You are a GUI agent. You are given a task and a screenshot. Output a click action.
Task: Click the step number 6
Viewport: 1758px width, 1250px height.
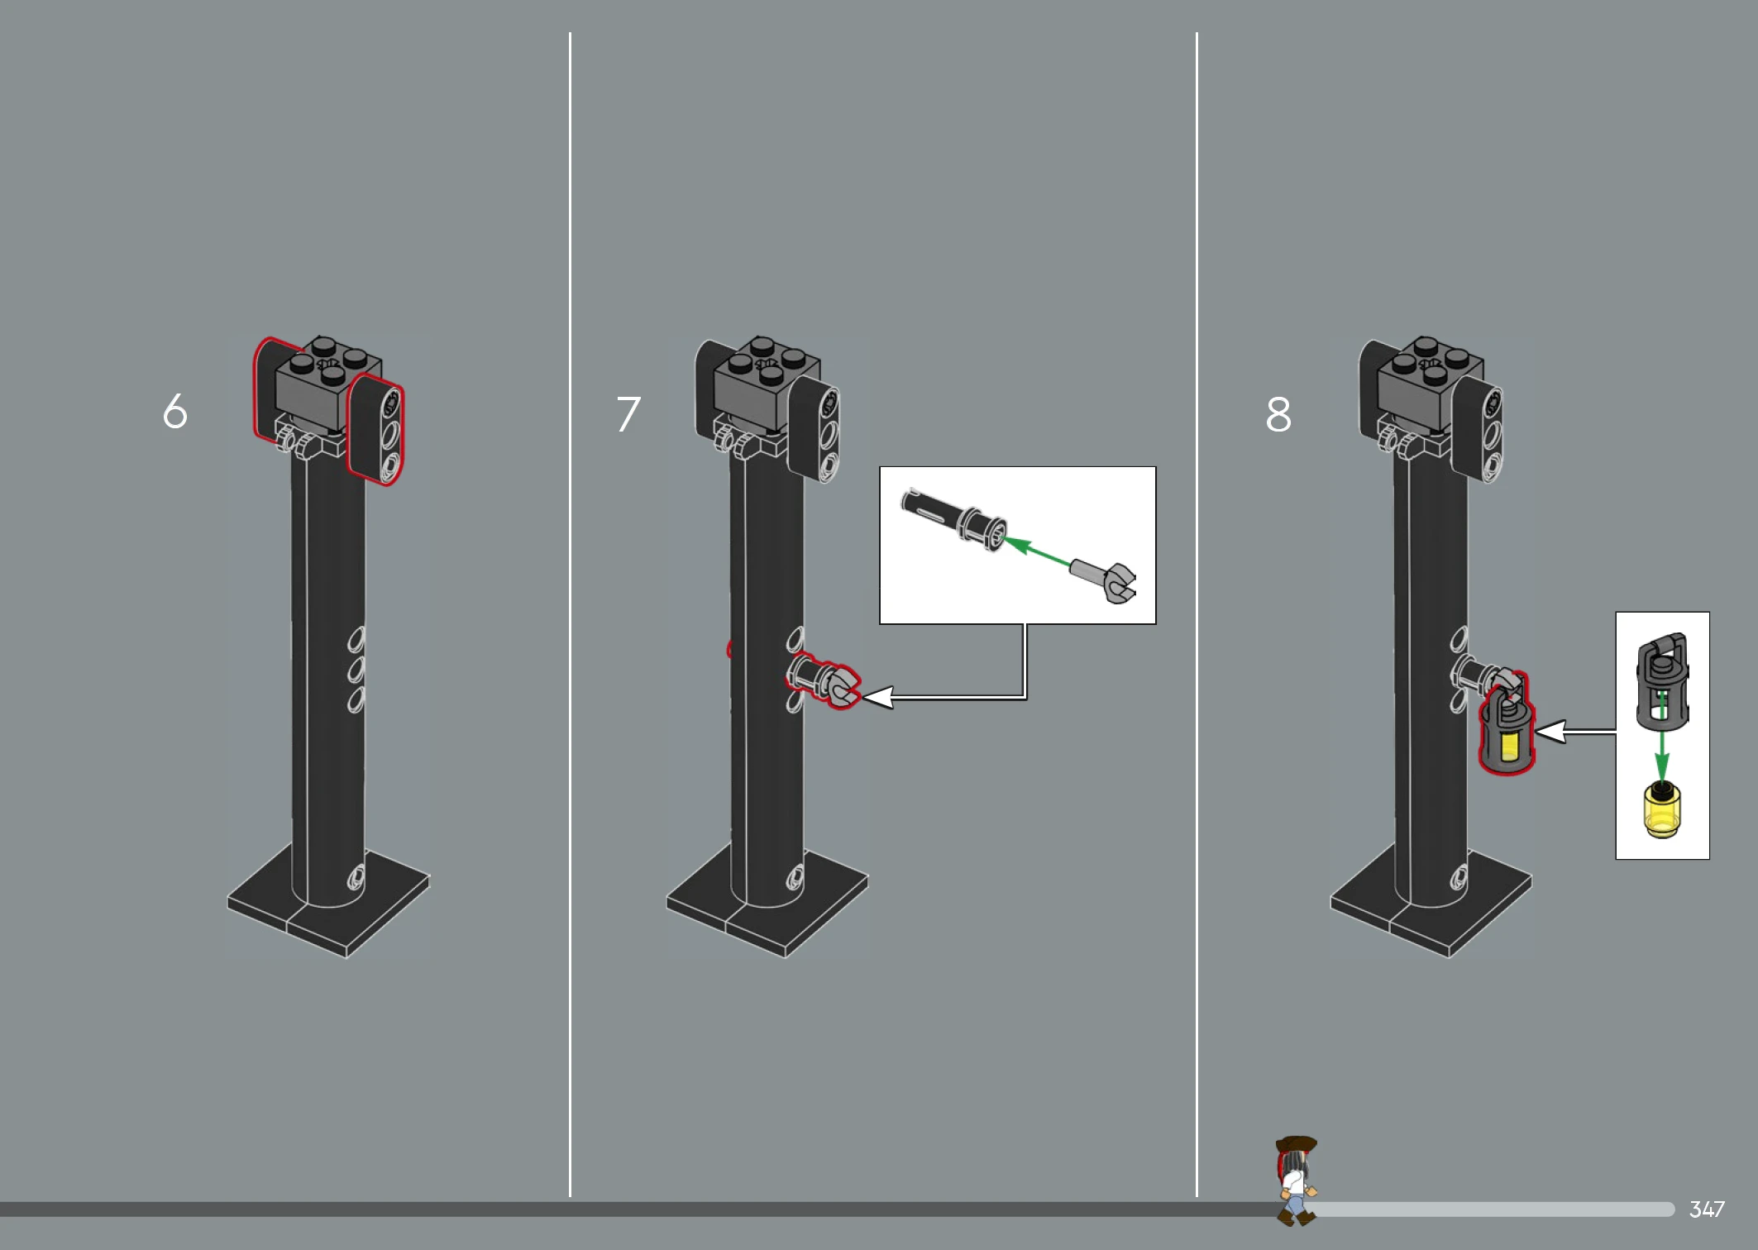pos(175,411)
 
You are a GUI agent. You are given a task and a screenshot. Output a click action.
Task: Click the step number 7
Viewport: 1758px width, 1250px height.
pos(628,413)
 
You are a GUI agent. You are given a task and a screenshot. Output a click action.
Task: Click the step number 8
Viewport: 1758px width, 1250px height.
pos(1278,413)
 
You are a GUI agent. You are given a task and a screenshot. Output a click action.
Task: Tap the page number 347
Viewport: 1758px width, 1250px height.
pos(1707,1209)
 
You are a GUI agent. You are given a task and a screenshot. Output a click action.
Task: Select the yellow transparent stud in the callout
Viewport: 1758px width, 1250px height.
pos(1662,810)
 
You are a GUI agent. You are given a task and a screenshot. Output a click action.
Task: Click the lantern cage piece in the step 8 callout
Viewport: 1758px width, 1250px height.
pos(1662,683)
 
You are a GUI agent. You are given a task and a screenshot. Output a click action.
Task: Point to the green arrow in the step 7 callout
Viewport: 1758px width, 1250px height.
pos(1036,551)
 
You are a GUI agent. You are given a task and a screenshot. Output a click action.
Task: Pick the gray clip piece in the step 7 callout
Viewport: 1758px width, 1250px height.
pos(1103,581)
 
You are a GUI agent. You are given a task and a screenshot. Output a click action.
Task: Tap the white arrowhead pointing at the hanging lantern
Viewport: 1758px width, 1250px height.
pos(1550,732)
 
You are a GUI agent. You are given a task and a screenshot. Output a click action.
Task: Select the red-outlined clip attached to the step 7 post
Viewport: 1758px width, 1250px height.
pos(824,680)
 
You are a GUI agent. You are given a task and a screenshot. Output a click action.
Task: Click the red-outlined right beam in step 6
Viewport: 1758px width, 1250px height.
pos(375,428)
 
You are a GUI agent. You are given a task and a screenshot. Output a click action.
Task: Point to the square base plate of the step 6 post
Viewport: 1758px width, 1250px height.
pos(329,901)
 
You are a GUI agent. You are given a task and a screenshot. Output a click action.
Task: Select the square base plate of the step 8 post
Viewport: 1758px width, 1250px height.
pos(1431,901)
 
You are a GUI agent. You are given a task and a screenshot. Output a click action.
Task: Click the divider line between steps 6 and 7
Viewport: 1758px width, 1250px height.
pos(570,614)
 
